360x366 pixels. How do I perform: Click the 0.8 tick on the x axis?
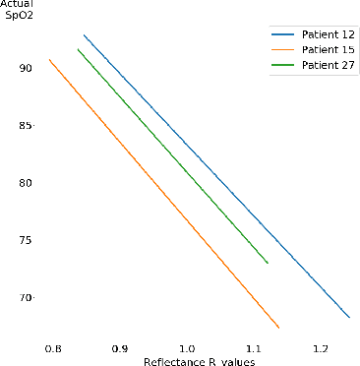click(53, 349)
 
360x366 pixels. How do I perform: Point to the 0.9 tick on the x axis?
click(120, 349)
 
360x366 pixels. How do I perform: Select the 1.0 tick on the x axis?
click(187, 349)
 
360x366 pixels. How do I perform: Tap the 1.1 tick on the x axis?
click(254, 349)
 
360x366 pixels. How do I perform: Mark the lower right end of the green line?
click(268, 263)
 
